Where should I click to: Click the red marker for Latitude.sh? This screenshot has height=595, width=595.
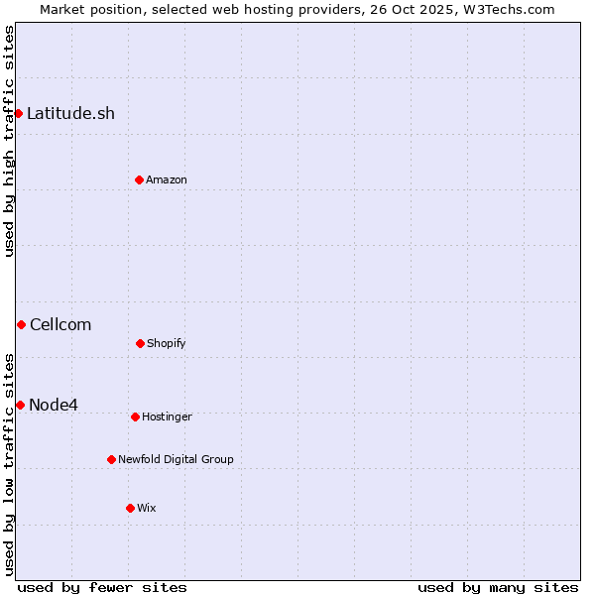click(18, 113)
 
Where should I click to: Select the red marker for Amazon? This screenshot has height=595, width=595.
click(139, 179)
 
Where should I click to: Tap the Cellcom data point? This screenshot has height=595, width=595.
click(21, 324)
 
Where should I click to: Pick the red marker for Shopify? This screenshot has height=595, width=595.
click(140, 343)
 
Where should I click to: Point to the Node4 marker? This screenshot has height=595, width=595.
click(20, 405)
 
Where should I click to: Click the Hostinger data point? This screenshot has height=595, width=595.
click(135, 416)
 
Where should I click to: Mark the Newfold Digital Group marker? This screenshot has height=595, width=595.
click(111, 459)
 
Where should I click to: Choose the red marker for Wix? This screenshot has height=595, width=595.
click(130, 508)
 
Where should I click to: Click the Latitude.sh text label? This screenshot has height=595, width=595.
click(70, 113)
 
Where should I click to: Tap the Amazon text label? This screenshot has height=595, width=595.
click(167, 179)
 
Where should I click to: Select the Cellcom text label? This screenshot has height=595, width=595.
click(60, 324)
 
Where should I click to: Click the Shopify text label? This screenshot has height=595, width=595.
click(167, 343)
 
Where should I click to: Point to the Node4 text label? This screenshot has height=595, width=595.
click(54, 405)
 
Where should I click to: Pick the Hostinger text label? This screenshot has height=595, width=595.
click(167, 416)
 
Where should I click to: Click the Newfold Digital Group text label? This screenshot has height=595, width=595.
click(176, 459)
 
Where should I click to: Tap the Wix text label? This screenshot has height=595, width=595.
click(147, 508)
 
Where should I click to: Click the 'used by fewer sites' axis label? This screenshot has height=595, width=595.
click(102, 587)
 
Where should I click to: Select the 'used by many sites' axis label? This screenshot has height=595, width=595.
click(498, 587)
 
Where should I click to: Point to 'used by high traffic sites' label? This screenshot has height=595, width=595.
click(9, 141)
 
